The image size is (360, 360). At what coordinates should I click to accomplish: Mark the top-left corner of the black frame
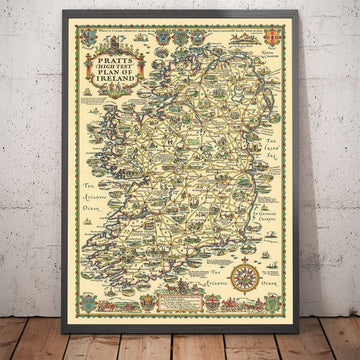[x=61, y=9]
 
